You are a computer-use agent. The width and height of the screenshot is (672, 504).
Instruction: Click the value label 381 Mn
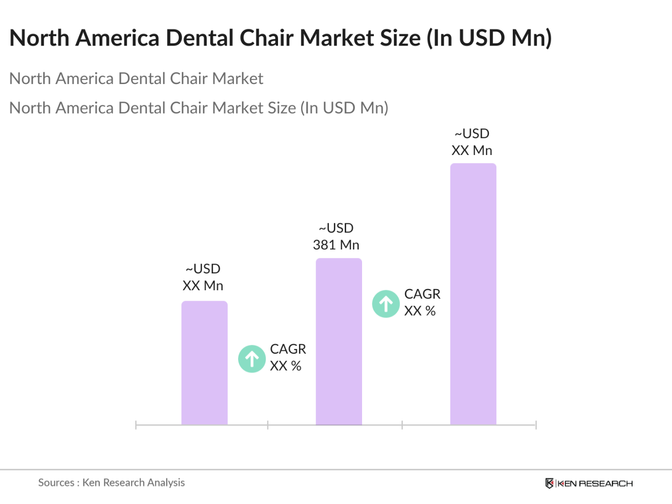(x=336, y=245)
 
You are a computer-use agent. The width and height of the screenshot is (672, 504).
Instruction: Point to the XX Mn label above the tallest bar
(x=471, y=150)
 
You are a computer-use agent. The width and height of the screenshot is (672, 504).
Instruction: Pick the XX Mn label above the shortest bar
(x=203, y=286)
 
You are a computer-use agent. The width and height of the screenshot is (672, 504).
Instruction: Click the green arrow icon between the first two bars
(x=252, y=359)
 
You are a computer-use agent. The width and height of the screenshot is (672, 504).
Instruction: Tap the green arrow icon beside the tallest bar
(x=386, y=304)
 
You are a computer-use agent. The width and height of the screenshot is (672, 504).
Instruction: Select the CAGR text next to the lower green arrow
(x=288, y=349)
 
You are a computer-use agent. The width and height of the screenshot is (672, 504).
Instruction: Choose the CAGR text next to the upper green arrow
(x=422, y=294)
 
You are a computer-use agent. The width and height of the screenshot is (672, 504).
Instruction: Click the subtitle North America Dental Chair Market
(x=136, y=78)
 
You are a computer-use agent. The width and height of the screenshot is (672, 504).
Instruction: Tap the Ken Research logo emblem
(x=549, y=483)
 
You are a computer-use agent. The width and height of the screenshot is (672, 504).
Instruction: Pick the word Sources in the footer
(x=56, y=482)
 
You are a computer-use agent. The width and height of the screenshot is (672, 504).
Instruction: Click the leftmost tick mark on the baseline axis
(x=136, y=425)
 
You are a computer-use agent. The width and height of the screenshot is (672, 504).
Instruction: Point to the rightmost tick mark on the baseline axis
(x=536, y=425)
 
